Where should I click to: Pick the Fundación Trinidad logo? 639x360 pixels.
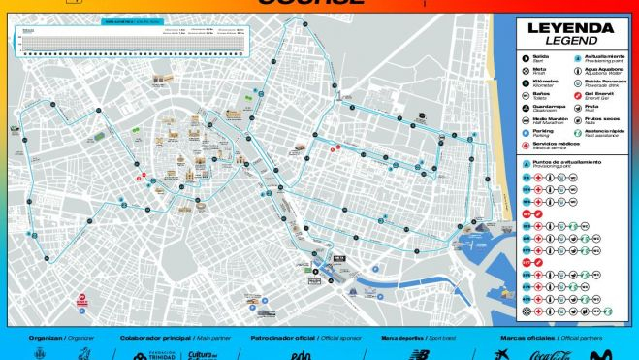tap(160, 355)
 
